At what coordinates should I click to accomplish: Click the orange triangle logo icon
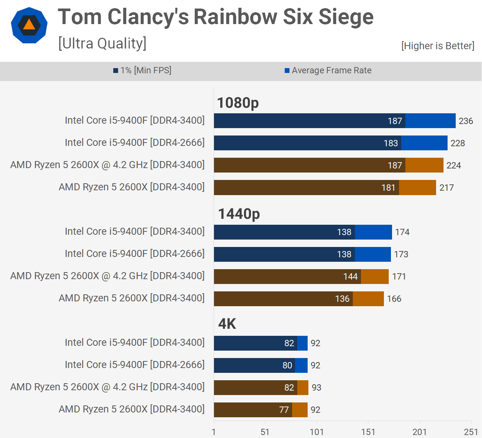pos(29,25)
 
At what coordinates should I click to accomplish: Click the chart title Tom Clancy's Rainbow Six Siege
pos(215,17)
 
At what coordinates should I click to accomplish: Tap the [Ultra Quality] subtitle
pos(102,44)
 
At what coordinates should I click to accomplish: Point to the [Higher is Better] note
pos(438,46)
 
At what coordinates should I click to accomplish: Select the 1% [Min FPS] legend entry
pos(143,70)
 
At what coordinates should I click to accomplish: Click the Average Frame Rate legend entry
pos(328,70)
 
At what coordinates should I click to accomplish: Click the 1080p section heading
pos(238,103)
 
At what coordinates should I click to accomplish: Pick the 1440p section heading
pos(239,214)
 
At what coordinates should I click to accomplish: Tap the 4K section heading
pos(227,324)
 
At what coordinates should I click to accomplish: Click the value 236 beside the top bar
pos(466,121)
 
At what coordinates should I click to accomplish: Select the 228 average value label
pos(458,143)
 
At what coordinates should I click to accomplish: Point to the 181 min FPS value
pos(388,188)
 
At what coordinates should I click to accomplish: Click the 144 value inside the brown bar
pos(350,277)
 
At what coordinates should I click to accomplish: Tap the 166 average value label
pos(394,299)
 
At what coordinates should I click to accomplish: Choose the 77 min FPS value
pos(284,410)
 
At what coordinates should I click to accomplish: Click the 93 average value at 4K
pos(317,388)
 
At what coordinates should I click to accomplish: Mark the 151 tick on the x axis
pos(368,432)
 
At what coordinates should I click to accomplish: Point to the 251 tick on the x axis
pos(471,432)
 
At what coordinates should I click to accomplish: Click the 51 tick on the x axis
pos(265,432)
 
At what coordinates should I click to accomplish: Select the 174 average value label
pos(402,232)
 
